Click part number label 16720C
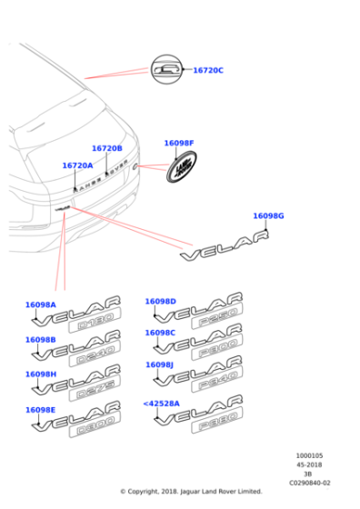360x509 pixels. pos(207,71)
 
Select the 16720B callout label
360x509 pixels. pos(106,148)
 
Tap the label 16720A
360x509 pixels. pos(77,165)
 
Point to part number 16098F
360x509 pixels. pos(179,143)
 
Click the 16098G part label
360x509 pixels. pos(268,215)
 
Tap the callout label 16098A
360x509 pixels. pos(41,305)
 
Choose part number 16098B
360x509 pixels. pos(41,339)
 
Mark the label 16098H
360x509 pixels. pos(41,374)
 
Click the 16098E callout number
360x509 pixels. pos(41,410)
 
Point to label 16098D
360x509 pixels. pos(161,301)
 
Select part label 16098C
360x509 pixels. pos(161,333)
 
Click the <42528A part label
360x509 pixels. pos(161,403)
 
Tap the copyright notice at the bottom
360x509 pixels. pos(191,492)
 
